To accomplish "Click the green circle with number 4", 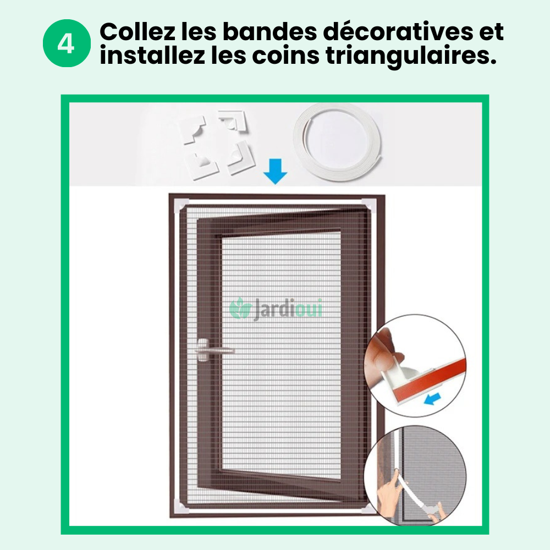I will tap(66, 44).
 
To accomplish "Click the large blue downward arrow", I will tap(275, 170).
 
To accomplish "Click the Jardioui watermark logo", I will tap(276, 309).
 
